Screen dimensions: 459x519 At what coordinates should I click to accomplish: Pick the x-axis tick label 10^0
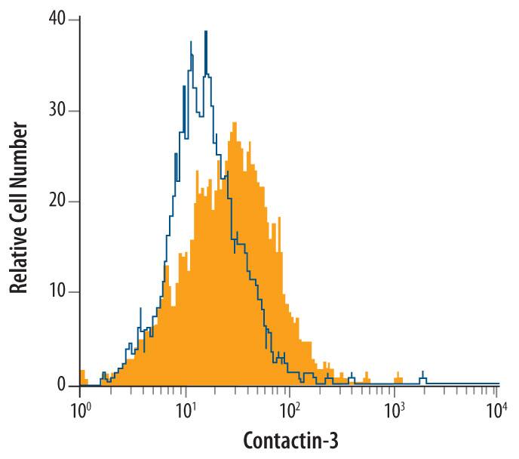[x=80, y=411]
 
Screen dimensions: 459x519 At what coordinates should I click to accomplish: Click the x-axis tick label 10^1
[x=185, y=411]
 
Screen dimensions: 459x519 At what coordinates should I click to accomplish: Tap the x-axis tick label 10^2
[x=289, y=411]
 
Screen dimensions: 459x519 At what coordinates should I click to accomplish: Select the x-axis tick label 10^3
[x=393, y=411]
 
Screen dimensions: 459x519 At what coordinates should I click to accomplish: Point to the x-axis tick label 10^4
[x=497, y=411]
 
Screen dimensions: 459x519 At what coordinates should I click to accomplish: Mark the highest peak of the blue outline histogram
[x=205, y=32]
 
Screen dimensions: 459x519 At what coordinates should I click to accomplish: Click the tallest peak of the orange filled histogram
[x=235, y=123]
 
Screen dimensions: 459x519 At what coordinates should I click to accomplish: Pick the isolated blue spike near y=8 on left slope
[x=140, y=310]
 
